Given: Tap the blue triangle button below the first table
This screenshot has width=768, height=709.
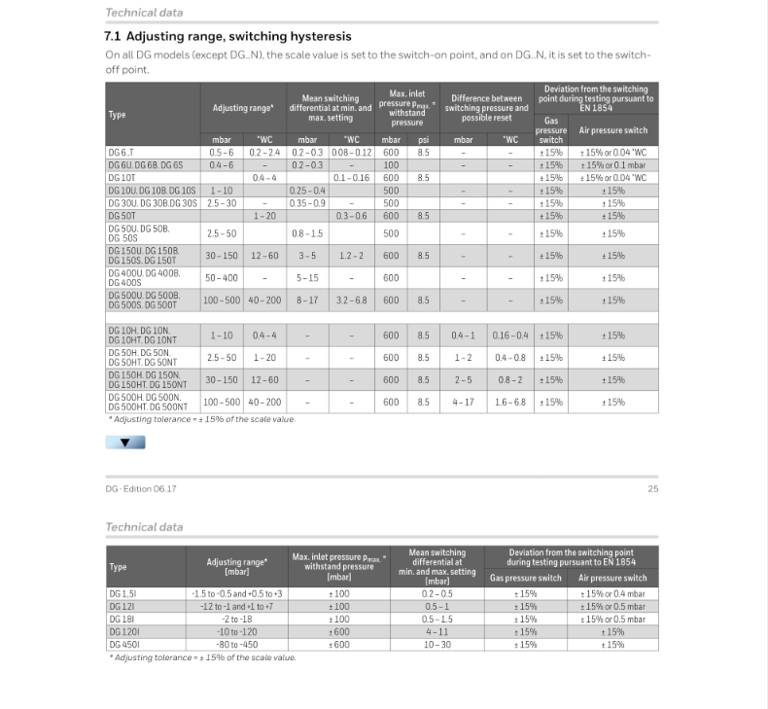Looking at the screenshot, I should (125, 443).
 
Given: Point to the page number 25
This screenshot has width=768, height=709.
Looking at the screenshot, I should (652, 488).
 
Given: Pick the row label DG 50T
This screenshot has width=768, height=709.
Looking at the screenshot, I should (122, 216).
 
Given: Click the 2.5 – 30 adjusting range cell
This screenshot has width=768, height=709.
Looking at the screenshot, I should (222, 203).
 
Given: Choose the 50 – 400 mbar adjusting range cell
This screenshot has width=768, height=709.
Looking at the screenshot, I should (222, 278).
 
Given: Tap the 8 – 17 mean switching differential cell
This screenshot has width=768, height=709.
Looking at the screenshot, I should (307, 301).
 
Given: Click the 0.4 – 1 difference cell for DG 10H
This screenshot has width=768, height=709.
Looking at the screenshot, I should (464, 336).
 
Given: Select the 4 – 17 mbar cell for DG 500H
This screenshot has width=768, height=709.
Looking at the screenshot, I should (464, 402).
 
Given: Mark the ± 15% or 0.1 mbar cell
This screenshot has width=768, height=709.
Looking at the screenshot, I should (612, 165).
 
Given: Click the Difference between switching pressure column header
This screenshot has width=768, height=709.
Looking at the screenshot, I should (486, 107).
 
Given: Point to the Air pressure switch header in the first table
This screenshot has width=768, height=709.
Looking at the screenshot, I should (612, 130).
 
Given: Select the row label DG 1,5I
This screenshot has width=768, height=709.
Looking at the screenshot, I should (123, 593).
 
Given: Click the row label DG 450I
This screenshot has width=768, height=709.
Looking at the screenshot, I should (123, 644).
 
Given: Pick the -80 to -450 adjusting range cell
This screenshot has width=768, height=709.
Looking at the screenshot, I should (237, 644).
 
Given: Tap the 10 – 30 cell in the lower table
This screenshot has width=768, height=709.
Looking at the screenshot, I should (436, 644).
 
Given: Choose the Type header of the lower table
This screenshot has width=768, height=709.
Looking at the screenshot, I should (118, 566).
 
